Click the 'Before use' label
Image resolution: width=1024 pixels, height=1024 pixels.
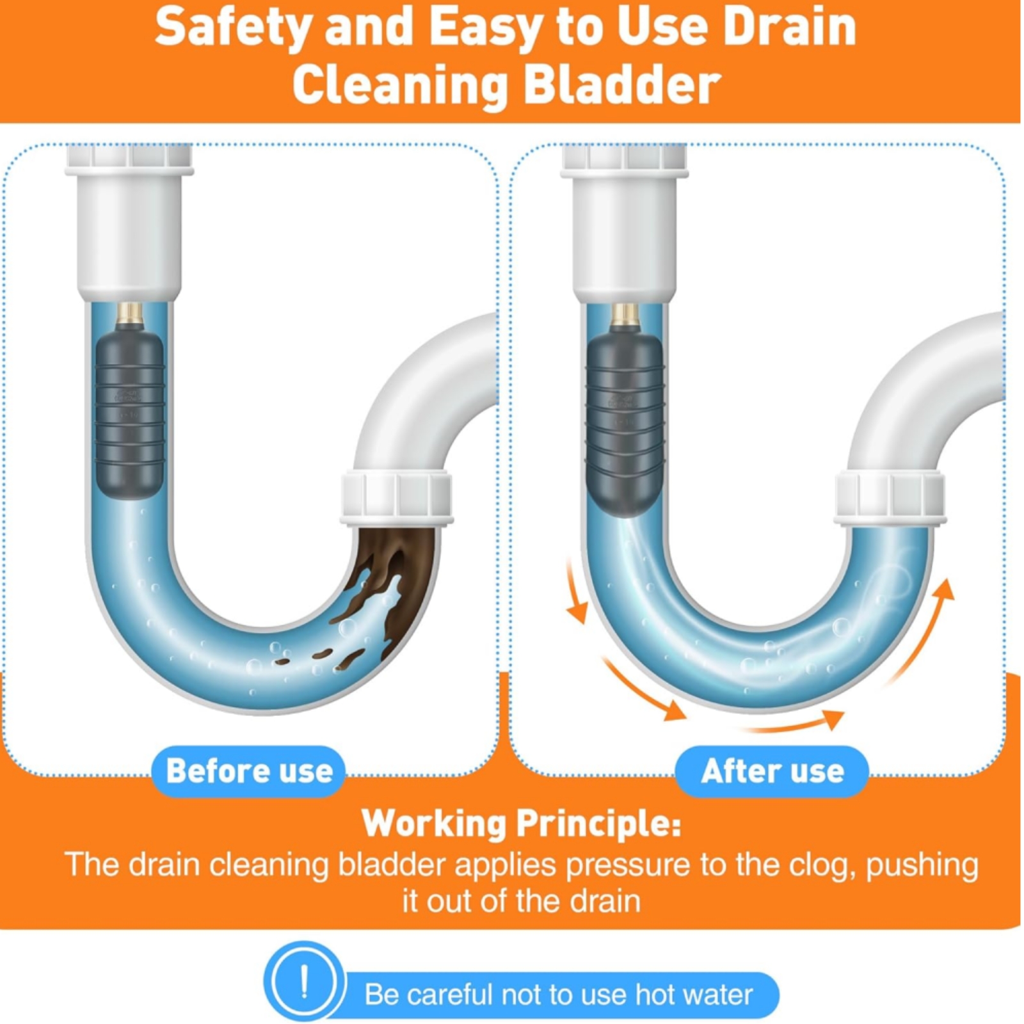pos(249,771)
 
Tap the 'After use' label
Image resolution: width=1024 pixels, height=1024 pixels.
pos(772,771)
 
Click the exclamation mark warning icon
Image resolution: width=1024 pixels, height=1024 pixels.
pos(304,981)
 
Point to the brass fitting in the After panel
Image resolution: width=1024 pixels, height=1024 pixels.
pos(625,314)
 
